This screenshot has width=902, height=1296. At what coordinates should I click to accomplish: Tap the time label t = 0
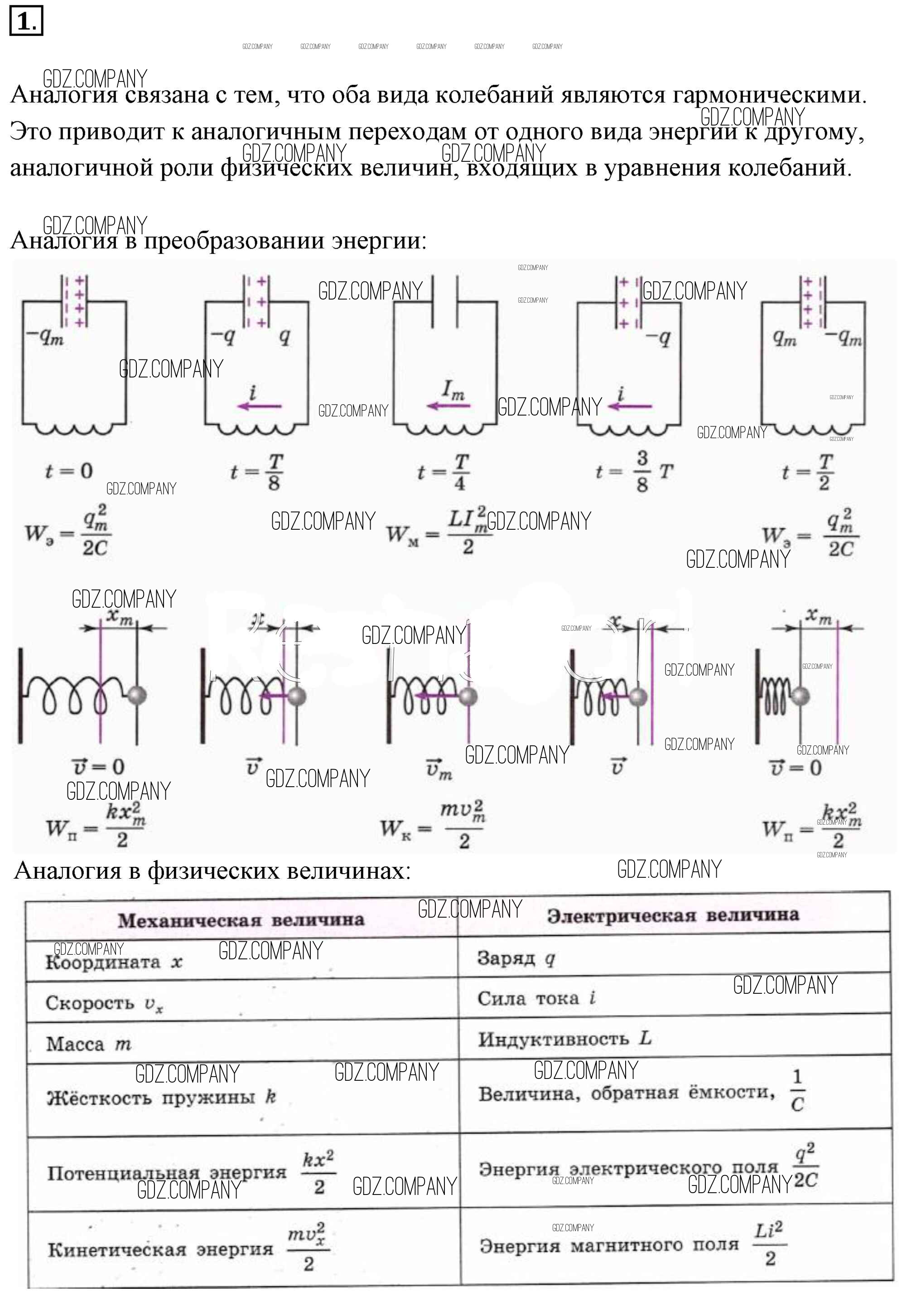click(69, 471)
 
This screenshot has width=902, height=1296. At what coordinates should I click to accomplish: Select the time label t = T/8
click(257, 472)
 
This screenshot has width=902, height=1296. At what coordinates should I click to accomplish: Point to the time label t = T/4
click(444, 472)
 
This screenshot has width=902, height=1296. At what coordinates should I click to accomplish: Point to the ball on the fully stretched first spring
click(137, 695)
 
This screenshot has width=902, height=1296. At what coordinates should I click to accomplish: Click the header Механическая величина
click(241, 920)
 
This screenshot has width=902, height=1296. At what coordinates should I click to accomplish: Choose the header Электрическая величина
click(673, 915)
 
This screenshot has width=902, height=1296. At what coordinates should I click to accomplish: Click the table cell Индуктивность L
click(564, 1039)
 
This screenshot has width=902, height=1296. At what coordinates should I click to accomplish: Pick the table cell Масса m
click(89, 1044)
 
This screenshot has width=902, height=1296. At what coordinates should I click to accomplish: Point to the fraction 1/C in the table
click(797, 1091)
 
